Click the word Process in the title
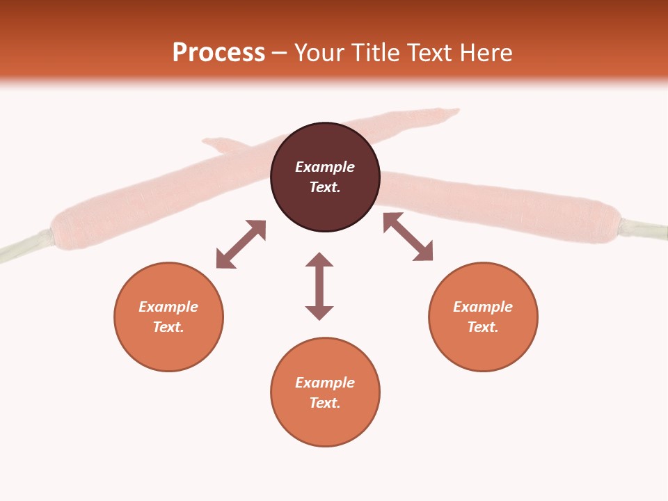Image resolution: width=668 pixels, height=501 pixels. click(218, 53)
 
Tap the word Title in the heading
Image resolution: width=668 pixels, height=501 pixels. click(376, 53)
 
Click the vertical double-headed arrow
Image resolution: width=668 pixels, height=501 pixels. click(319, 286)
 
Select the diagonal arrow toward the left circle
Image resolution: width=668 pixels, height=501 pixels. click(241, 244)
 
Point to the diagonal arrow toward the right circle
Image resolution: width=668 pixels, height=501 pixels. click(408, 237)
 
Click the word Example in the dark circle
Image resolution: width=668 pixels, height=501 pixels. click(325, 167)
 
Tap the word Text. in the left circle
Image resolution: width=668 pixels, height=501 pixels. click(168, 327)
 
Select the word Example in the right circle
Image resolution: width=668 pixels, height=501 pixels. click(483, 307)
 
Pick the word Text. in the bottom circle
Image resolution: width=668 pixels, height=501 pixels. click(325, 403)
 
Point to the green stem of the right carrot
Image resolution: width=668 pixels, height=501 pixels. click(644, 230)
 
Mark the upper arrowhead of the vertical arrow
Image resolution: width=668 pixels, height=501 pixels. click(319, 260)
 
